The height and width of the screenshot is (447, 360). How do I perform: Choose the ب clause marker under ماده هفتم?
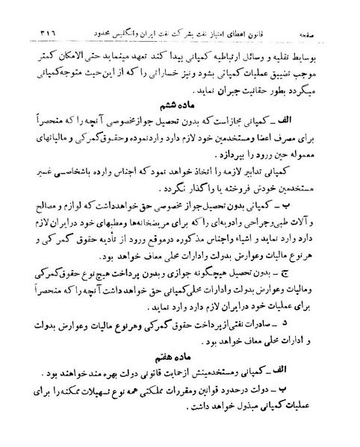point(332,388)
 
